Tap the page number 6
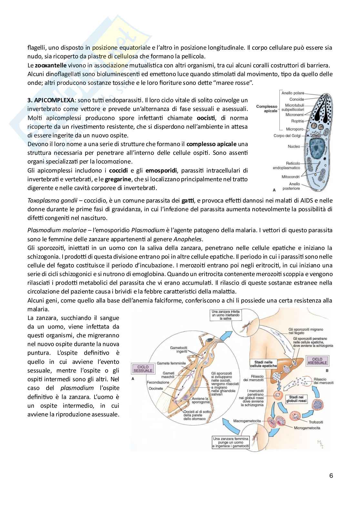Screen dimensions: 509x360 click(331, 476)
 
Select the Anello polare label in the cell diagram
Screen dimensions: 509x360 click(293, 93)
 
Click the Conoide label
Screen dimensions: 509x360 click(296, 99)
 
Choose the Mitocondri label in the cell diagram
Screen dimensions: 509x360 click(290, 177)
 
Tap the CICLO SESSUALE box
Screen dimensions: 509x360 click(143, 369)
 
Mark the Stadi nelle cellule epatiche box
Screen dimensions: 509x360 click(264, 364)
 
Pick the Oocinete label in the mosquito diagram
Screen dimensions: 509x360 click(156, 388)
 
